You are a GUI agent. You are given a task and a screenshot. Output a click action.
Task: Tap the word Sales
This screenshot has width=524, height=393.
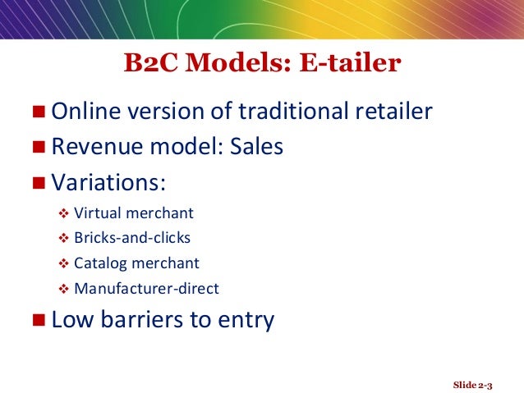[256, 147]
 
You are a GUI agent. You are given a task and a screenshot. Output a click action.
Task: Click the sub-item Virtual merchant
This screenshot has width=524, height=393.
[133, 214]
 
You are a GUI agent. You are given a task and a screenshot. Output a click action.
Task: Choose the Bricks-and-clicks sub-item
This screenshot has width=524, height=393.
[132, 239]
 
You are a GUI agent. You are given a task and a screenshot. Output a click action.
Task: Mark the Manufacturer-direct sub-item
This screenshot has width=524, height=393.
[146, 288]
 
